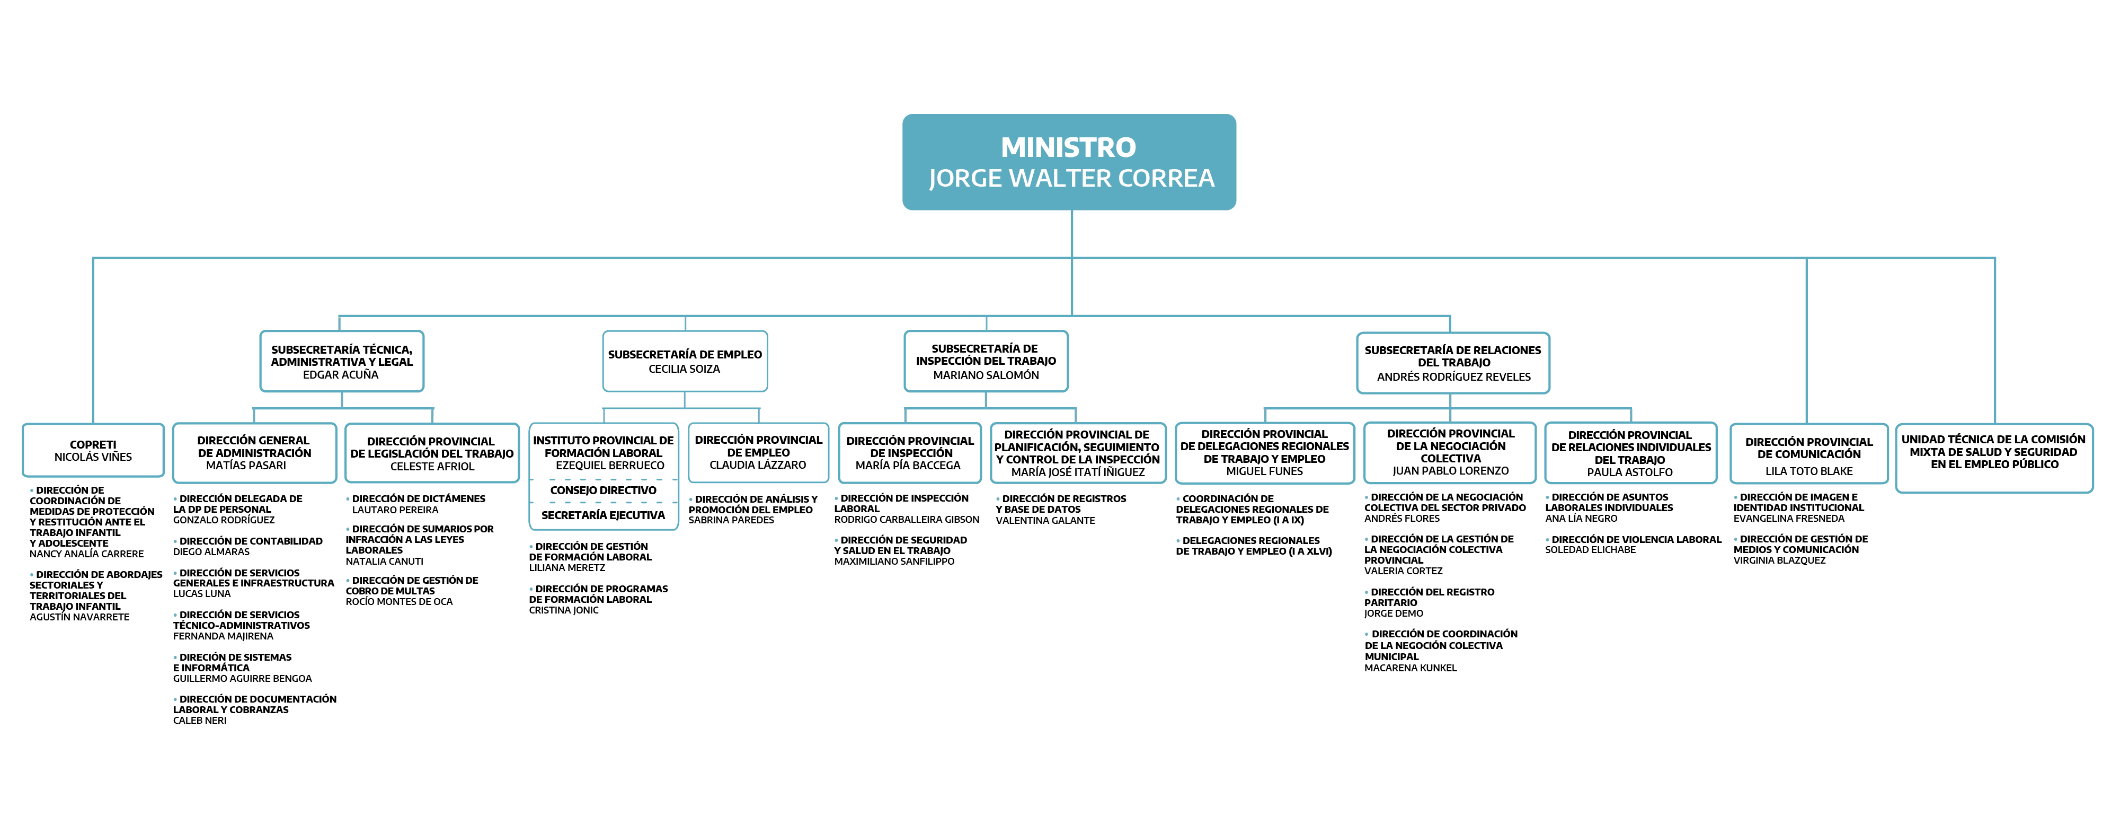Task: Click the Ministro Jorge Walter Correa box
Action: [1069, 162]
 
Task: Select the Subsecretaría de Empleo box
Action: [685, 362]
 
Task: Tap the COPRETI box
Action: [93, 450]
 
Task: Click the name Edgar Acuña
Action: [341, 374]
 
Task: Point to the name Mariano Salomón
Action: [986, 375]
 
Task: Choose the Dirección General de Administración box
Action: [254, 453]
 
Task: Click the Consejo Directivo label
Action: [603, 490]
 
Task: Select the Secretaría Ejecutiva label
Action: [603, 515]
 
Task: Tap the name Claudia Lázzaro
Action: [758, 465]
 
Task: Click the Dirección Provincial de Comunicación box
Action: [1809, 453]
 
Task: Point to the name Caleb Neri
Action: [200, 720]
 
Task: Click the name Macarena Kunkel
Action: [1411, 668]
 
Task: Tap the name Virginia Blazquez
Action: [1779, 560]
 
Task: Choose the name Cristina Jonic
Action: [564, 610]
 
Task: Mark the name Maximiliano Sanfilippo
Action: [894, 562]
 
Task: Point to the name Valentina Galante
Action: [1045, 520]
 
